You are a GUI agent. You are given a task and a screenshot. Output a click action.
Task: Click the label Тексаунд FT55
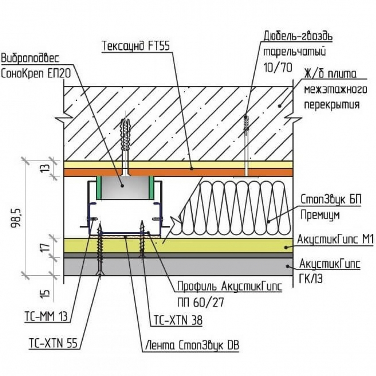tap(135, 46)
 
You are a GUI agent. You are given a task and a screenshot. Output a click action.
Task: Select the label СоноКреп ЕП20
tap(36, 73)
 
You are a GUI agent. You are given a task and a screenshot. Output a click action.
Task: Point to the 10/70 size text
tap(277, 68)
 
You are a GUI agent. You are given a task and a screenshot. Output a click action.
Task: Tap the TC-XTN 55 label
tap(53, 343)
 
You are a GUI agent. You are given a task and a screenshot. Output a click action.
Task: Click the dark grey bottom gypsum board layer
tap(228, 267)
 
